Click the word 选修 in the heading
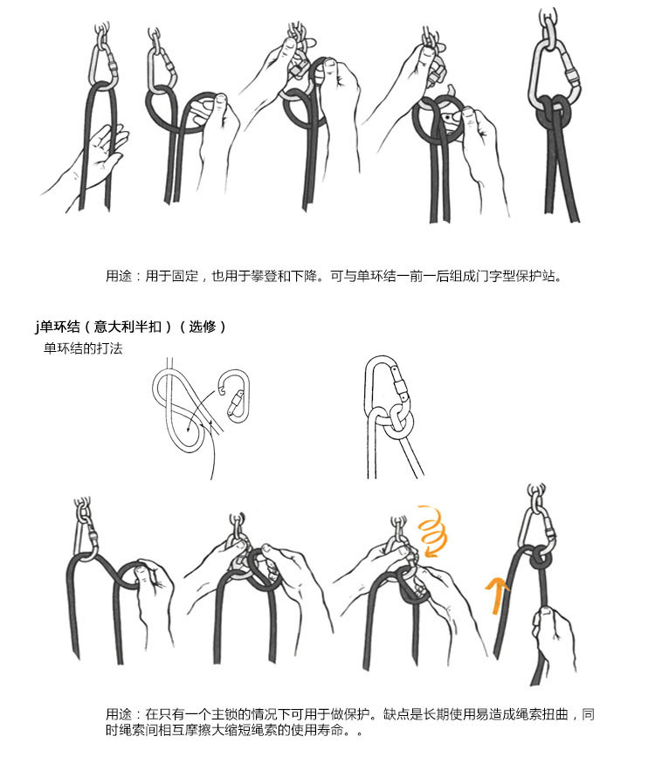[207, 327]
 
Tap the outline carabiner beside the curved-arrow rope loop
[231, 396]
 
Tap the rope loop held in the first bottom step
[138, 576]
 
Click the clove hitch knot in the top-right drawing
[552, 113]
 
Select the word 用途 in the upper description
[120, 277]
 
